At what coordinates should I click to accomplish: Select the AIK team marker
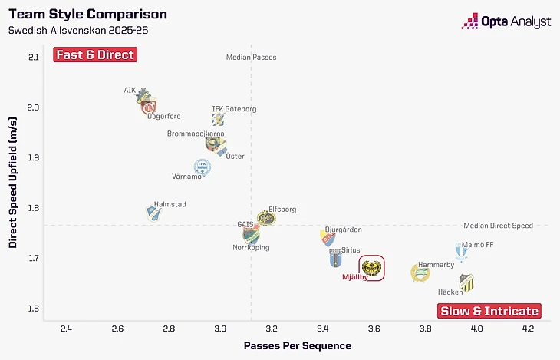pyautogui.click(x=142, y=95)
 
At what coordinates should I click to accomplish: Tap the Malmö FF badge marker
pyautogui.click(x=460, y=252)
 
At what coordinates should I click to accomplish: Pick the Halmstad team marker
pyautogui.click(x=154, y=213)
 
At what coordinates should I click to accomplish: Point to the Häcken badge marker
pyautogui.click(x=466, y=282)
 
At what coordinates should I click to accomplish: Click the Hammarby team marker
pyautogui.click(x=420, y=272)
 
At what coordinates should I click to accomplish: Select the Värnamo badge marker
pyautogui.click(x=202, y=167)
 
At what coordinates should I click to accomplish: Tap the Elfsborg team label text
pyautogui.click(x=282, y=209)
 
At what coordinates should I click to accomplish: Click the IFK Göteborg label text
pyautogui.click(x=234, y=109)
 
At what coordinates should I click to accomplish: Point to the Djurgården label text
pyautogui.click(x=343, y=230)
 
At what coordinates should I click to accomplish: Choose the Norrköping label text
pyautogui.click(x=251, y=248)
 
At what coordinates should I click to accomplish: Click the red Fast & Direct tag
pyautogui.click(x=94, y=54)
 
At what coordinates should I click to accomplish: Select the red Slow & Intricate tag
pyautogui.click(x=489, y=311)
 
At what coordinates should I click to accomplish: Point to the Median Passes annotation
pyautogui.click(x=251, y=58)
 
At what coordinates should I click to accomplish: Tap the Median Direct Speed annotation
pyautogui.click(x=498, y=226)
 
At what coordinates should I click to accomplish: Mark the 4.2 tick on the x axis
pyautogui.click(x=527, y=330)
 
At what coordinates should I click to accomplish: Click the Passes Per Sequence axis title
pyautogui.click(x=297, y=346)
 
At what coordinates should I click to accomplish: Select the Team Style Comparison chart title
pyautogui.click(x=87, y=14)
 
